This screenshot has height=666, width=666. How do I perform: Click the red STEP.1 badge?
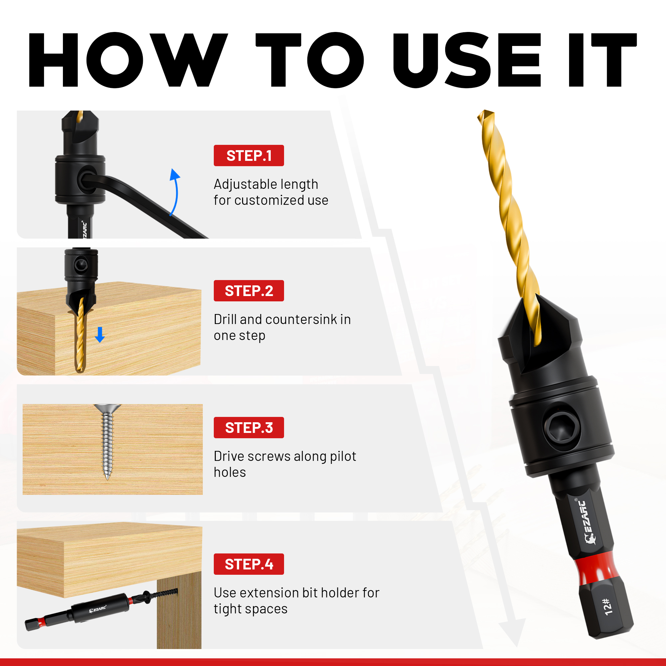pos(248,156)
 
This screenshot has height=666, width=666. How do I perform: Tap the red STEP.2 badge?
pos(248,291)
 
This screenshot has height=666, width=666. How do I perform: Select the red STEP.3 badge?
pos(248,428)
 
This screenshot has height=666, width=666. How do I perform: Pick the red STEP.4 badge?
pos(248,564)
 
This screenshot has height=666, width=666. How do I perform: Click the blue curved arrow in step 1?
pos(175,192)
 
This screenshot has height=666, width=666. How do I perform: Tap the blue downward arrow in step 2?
pos(100,334)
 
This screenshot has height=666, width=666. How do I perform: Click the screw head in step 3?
pos(108,409)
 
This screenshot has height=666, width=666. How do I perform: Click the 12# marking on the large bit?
pos(608,607)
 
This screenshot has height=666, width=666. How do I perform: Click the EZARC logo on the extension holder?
pos(98,609)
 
